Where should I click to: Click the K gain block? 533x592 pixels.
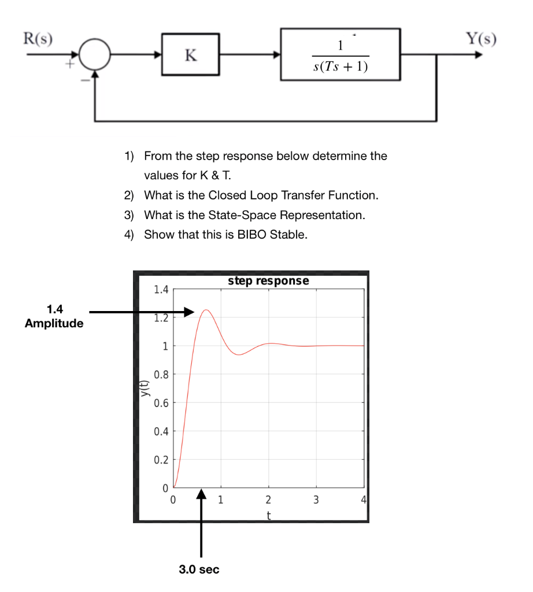click(x=190, y=55)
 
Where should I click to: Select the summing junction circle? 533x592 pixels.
click(x=95, y=55)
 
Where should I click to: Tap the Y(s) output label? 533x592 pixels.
click(x=482, y=39)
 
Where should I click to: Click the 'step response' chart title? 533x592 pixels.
click(x=268, y=281)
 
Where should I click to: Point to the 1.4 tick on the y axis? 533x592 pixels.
click(x=161, y=289)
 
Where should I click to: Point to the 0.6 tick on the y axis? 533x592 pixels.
click(x=161, y=402)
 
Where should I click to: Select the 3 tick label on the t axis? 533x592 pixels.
click(x=316, y=500)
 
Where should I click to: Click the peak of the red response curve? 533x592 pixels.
click(x=205, y=310)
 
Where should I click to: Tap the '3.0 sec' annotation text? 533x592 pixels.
click(x=199, y=569)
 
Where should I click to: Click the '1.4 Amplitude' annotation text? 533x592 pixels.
click(x=54, y=317)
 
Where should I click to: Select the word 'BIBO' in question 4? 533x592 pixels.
click(x=253, y=235)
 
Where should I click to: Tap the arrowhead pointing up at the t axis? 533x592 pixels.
click(x=201, y=495)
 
